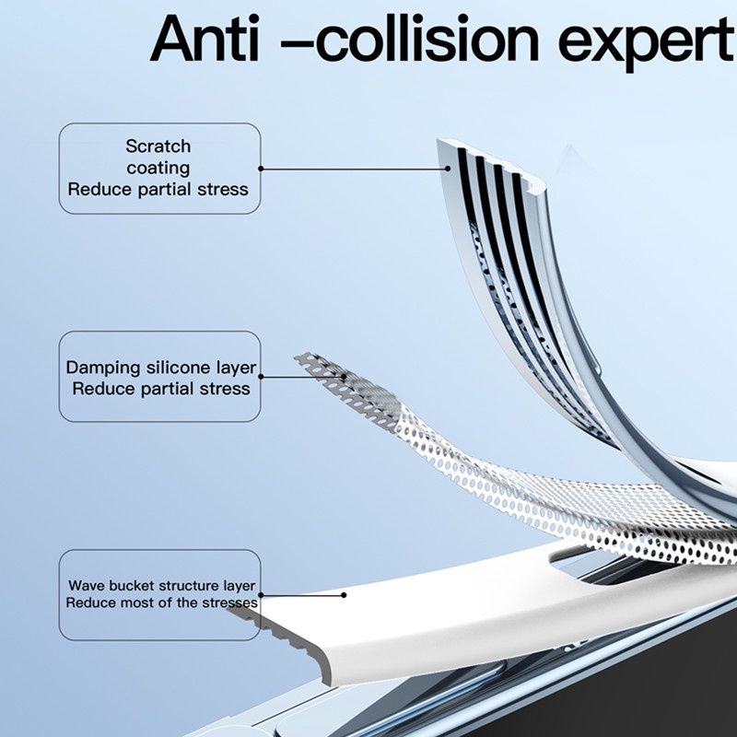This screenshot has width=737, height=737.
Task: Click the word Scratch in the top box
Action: click(x=158, y=146)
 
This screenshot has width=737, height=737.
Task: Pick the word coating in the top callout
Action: click(x=158, y=168)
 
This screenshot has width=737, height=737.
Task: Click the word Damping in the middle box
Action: click(x=103, y=368)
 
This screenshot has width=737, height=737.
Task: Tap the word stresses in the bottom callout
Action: click(x=229, y=602)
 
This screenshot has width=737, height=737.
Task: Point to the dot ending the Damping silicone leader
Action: click(x=345, y=376)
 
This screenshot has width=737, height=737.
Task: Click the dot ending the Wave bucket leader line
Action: click(x=343, y=594)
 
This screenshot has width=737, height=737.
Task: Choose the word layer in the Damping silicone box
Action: click(x=237, y=368)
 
